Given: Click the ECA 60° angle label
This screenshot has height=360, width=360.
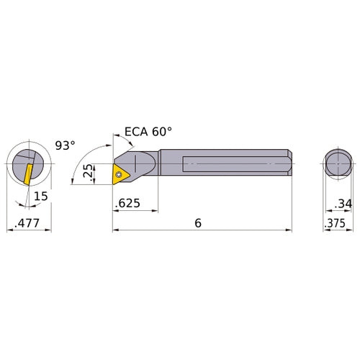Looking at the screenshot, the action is pyautogui.click(x=148, y=132).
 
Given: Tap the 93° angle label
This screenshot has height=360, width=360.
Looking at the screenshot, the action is pyautogui.click(x=65, y=145).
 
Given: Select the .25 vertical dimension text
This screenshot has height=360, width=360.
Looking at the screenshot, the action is pyautogui.click(x=88, y=171).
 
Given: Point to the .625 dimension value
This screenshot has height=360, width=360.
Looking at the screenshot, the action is pyautogui.click(x=127, y=203).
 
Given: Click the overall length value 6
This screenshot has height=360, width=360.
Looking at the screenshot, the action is pyautogui.click(x=198, y=223).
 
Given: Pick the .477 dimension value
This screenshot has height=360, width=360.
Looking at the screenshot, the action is pyautogui.click(x=27, y=223).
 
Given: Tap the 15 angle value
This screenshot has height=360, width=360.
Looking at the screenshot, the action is pyautogui.click(x=41, y=196).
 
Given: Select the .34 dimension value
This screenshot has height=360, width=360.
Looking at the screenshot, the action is pyautogui.click(x=343, y=204).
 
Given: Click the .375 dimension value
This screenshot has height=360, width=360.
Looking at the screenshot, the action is pyautogui.click(x=335, y=223).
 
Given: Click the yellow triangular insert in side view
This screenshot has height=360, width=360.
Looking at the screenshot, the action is pyautogui.click(x=120, y=174).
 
